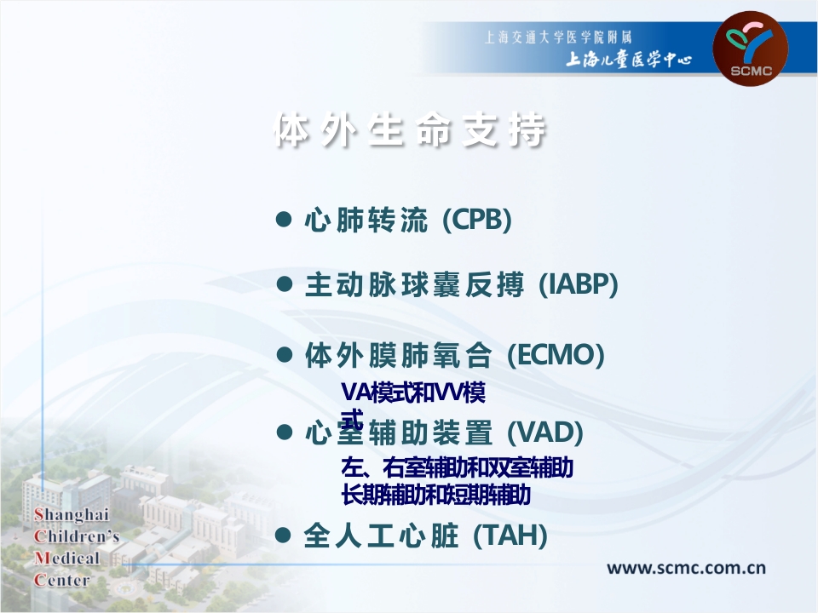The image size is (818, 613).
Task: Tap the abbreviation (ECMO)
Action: (556, 355)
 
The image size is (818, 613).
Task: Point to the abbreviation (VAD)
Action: (545, 433)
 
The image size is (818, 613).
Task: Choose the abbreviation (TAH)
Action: (509, 536)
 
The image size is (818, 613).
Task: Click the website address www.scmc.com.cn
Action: (685, 568)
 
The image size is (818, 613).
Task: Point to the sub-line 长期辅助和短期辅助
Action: (435, 494)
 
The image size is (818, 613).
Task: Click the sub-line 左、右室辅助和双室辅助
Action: (457, 468)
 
